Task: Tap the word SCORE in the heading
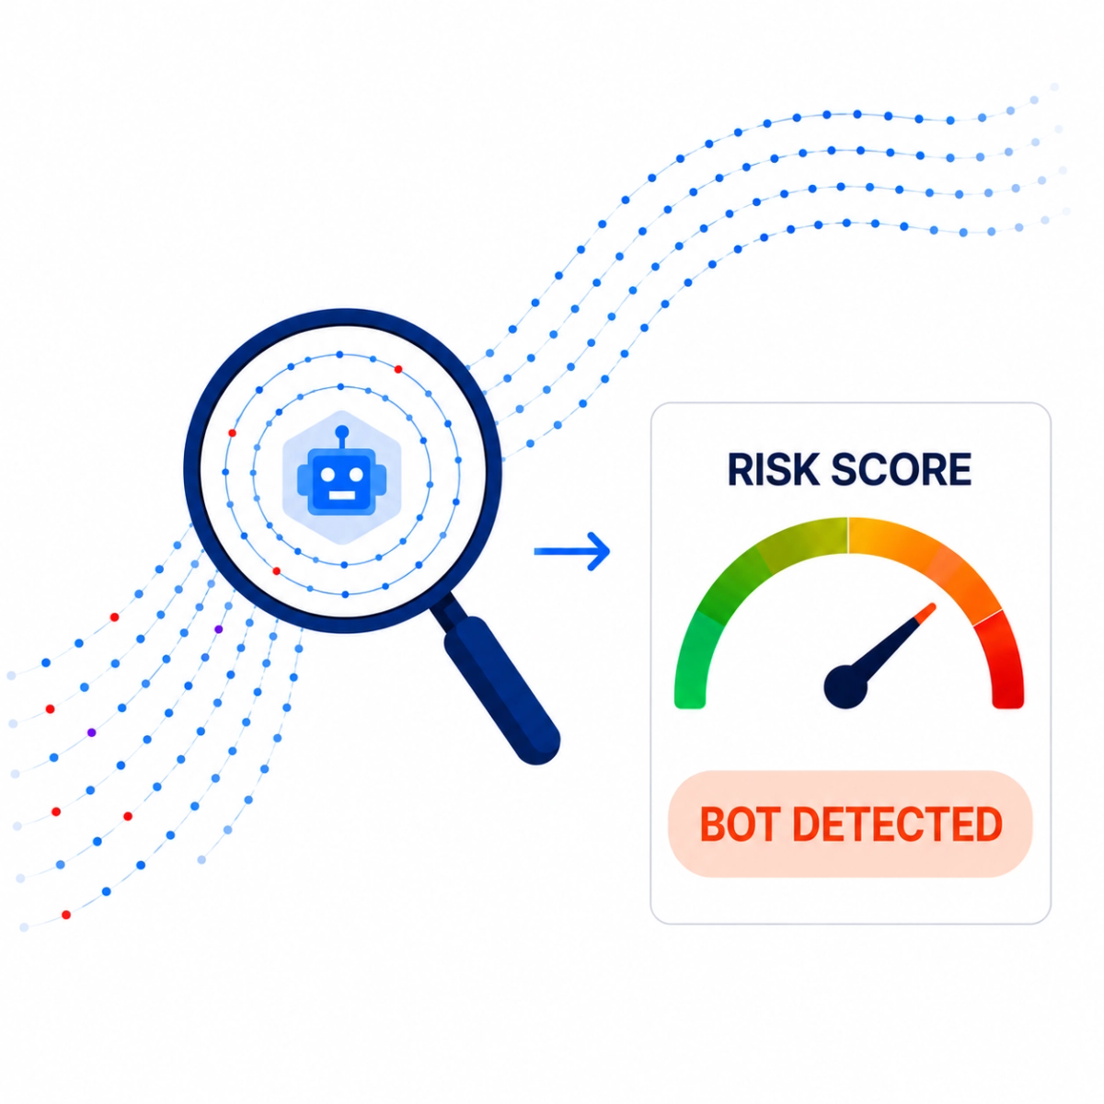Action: (901, 469)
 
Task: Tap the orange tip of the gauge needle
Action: (926, 613)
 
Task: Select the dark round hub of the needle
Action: (845, 685)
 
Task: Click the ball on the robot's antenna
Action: (342, 431)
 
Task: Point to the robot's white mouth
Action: (342, 495)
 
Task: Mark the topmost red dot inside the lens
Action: (398, 369)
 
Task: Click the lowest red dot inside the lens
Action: (276, 571)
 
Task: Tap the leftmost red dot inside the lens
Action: (232, 433)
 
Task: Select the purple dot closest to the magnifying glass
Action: (218, 629)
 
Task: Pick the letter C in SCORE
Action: (873, 469)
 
